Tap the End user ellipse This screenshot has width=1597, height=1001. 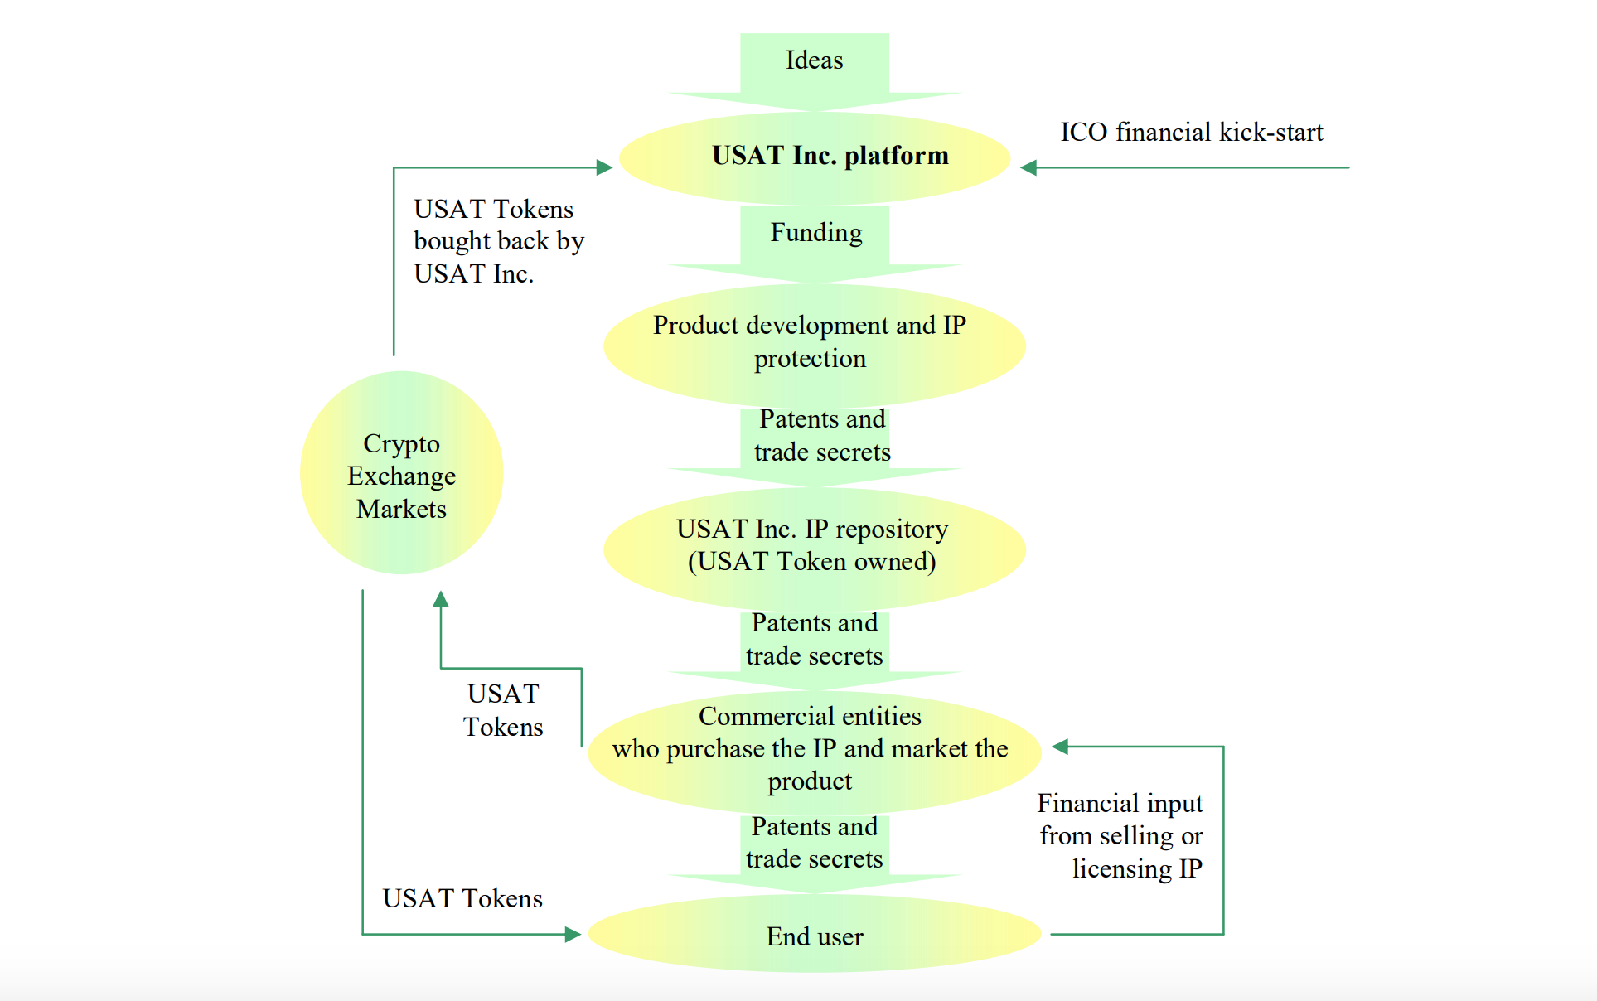815,935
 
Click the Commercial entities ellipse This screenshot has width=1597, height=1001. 815,749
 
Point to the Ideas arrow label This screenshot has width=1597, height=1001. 815,60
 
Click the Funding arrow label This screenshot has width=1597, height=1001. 816,233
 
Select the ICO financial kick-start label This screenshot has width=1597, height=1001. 1191,133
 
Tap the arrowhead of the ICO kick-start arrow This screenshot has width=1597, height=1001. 1029,168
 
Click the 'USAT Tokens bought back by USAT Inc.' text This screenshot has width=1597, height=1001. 498,241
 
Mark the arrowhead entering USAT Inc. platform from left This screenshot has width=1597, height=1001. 605,167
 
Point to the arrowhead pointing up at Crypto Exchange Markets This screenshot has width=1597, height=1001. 441,599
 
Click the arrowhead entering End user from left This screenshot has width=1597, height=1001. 573,935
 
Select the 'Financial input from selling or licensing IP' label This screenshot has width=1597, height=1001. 1120,836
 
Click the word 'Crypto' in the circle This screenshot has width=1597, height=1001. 401,444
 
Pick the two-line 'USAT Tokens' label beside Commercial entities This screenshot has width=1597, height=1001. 503,710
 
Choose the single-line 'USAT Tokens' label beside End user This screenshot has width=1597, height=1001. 462,899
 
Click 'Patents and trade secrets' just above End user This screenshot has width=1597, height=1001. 815,843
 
